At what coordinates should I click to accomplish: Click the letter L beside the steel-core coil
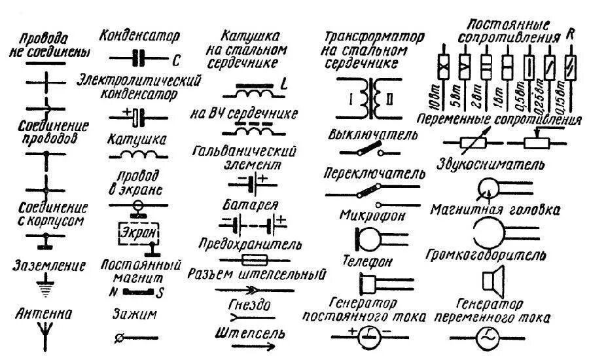coord(284,84)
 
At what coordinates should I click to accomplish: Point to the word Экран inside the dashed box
coord(137,232)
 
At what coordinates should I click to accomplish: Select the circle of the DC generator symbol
coord(370,336)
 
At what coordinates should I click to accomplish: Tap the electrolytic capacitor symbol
coord(136,116)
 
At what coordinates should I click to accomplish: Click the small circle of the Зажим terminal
coord(118,338)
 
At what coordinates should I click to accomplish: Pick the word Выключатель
coord(374,135)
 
